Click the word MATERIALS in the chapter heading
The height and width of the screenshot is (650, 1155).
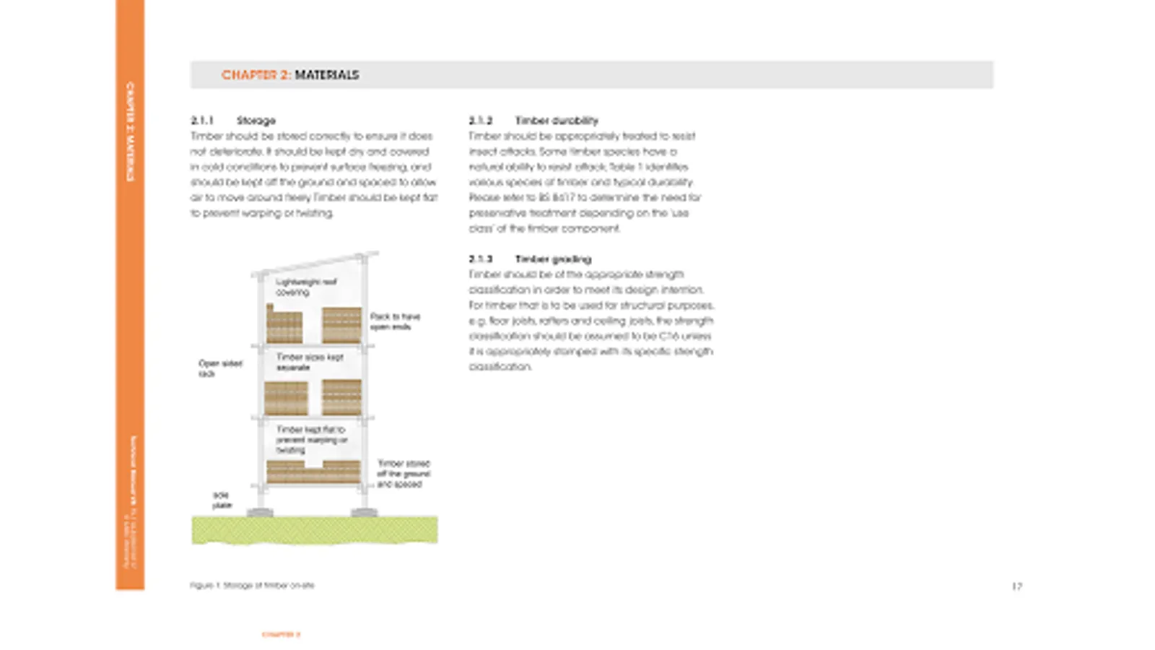click(x=326, y=75)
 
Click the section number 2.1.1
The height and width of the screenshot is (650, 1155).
click(x=202, y=121)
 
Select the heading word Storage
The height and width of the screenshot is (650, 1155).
click(x=256, y=121)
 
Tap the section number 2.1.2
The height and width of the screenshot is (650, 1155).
click(x=480, y=121)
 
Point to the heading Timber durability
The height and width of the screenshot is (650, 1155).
click(x=556, y=121)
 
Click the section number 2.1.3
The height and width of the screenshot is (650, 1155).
click(x=480, y=259)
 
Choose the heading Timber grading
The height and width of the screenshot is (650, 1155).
click(x=553, y=259)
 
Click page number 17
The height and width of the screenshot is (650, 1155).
click(x=1016, y=586)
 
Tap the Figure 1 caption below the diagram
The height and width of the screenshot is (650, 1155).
click(x=252, y=585)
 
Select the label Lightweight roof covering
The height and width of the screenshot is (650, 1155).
click(x=305, y=287)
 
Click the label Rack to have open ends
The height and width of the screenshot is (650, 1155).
click(x=394, y=321)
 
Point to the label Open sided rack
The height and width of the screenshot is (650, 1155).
click(x=219, y=368)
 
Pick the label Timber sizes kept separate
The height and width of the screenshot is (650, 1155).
click(x=310, y=362)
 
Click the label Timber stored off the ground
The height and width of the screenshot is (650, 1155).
click(x=403, y=473)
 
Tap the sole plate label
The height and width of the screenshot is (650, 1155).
click(x=222, y=500)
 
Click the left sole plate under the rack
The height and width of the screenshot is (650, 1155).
click(x=260, y=513)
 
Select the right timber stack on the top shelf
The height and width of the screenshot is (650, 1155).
click(x=341, y=325)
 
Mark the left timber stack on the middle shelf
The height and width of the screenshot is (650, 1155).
click(x=286, y=398)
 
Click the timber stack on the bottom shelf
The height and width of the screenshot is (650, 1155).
click(x=313, y=472)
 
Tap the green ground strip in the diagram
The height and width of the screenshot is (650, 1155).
click(x=314, y=529)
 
